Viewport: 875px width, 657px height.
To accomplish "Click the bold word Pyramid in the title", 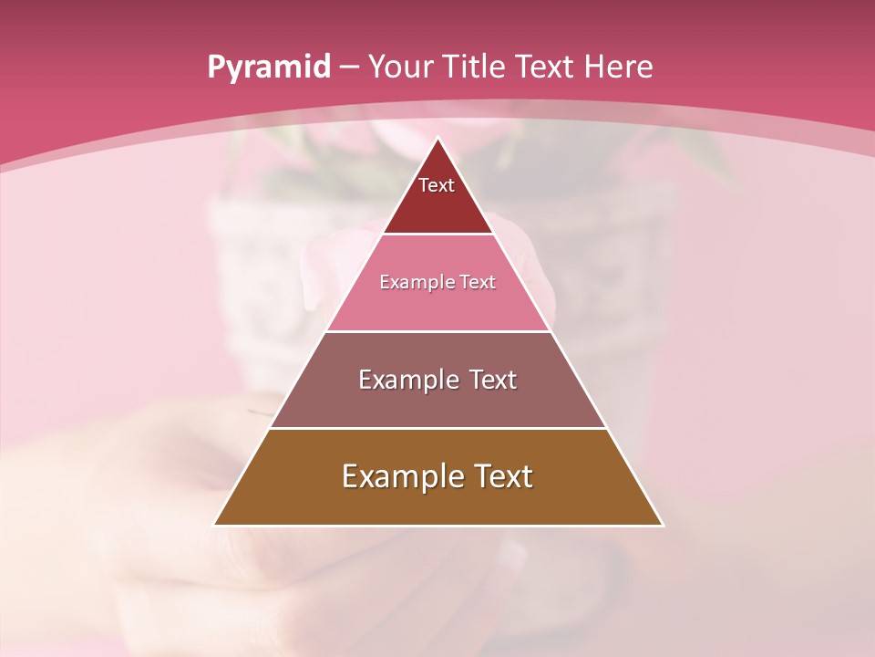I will point(269,68).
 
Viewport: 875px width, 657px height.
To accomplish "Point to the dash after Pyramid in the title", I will point(349,68).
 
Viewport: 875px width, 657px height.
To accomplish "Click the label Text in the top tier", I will point(437,185).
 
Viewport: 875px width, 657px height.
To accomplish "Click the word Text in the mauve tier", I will point(489,380).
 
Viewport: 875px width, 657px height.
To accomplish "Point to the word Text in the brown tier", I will point(500,476).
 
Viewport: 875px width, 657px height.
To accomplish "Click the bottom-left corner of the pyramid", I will point(215,525).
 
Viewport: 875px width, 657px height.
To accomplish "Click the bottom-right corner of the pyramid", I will point(662,525).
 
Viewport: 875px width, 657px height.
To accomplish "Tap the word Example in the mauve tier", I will point(406,380).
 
